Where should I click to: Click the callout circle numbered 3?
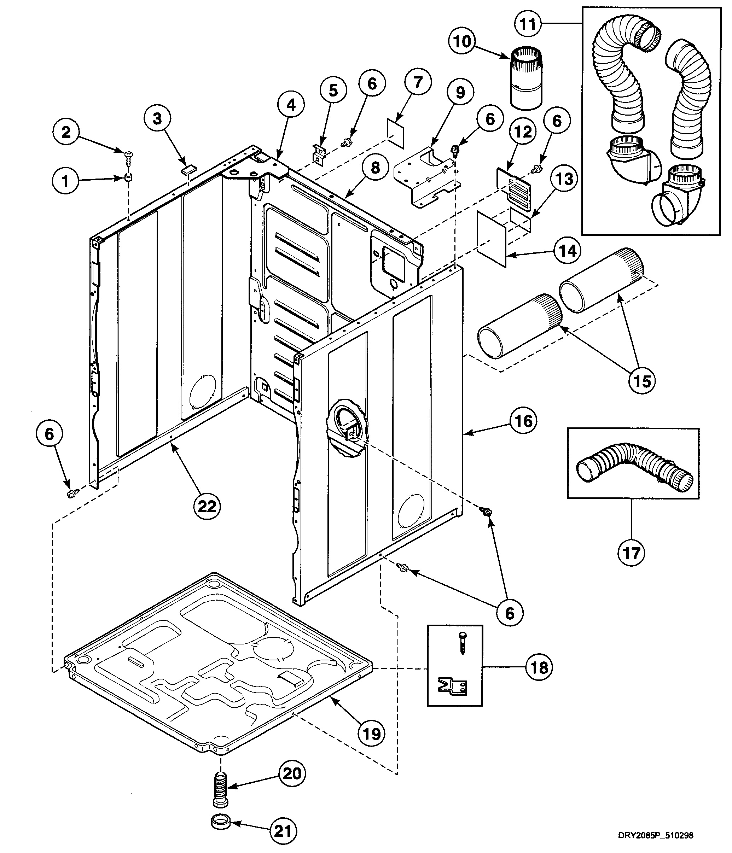(x=158, y=118)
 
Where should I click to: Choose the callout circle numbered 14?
(x=567, y=250)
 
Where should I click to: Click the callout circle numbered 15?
(x=642, y=381)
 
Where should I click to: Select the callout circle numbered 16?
(x=523, y=421)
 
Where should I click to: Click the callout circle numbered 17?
(x=632, y=553)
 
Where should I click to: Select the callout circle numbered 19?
(x=372, y=734)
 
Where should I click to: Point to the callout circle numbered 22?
(x=207, y=506)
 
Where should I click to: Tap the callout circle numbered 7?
(x=418, y=82)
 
